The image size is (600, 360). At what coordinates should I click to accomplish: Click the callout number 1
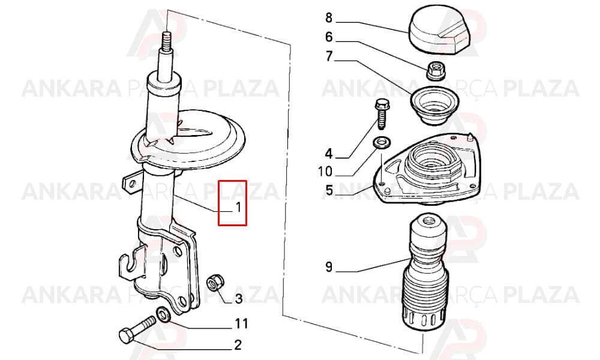pos(238,208)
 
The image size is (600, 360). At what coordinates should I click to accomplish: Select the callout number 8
pos(329,17)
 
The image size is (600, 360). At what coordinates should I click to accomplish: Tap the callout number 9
pos(329,266)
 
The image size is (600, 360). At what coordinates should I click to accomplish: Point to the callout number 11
pos(241,323)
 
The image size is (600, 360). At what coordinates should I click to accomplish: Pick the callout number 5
pos(329,190)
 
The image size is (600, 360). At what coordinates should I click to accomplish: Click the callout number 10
pos(325,172)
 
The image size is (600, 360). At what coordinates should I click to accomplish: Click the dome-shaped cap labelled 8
pos(438,29)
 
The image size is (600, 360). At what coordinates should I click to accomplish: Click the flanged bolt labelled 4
pos(382,113)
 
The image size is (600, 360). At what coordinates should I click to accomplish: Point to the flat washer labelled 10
pos(380,143)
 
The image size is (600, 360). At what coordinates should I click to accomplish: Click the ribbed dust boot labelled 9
pos(424,274)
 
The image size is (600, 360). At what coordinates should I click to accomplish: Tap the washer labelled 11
pos(164,315)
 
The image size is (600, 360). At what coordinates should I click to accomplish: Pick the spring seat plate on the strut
pos(187,140)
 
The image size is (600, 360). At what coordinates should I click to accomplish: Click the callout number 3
pos(238,298)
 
